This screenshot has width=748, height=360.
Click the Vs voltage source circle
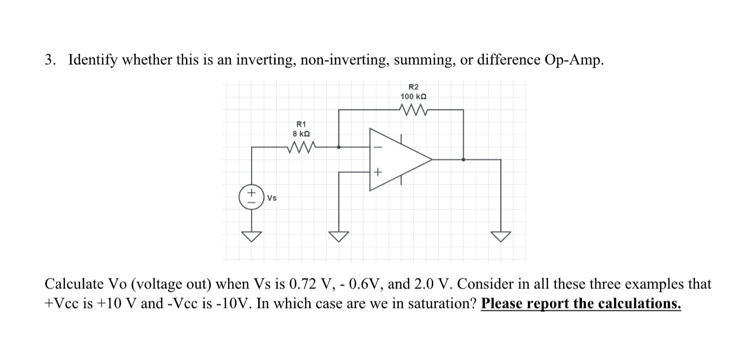tap(251, 196)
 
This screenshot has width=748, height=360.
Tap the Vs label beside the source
tap(272, 197)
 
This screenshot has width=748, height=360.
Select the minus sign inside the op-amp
tap(378, 147)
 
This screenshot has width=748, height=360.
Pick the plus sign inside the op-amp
tap(378, 172)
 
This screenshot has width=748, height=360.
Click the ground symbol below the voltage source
tap(251, 235)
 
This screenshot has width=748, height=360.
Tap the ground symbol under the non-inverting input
tap(339, 235)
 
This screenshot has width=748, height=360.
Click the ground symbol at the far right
tap(501, 235)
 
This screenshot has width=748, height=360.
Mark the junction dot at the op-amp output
tap(463, 159)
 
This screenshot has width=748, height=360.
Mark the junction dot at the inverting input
tap(339, 147)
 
